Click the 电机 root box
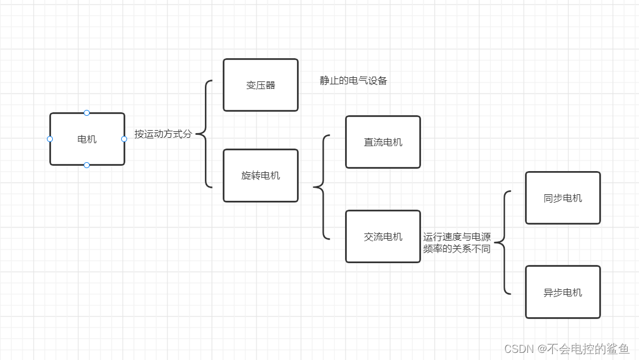coord(87,139)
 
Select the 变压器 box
coord(261,85)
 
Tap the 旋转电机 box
coord(261,175)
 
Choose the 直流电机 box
coord(383,142)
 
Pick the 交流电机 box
coord(383,236)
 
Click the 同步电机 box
coord(562,198)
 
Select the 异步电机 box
coord(562,292)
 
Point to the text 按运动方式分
coord(163,134)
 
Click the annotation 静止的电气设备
coord(353,81)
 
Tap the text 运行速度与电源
coord(457,237)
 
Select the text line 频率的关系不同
coord(457,249)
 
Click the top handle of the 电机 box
coord(87,113)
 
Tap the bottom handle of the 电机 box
coord(87,165)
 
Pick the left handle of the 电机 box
coord(50,139)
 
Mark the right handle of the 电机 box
coord(124,139)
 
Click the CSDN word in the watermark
coord(518,349)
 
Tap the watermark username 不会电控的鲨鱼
coord(588,349)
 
